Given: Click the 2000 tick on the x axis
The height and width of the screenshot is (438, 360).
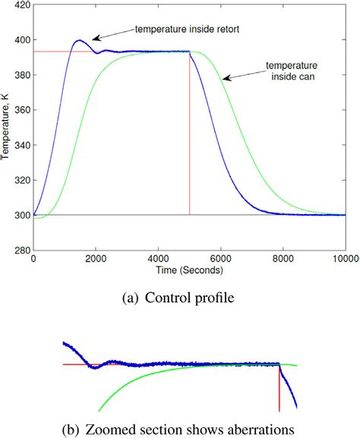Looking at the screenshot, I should click(x=96, y=259).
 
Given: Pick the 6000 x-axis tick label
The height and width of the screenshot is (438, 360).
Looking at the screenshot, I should click(x=220, y=259).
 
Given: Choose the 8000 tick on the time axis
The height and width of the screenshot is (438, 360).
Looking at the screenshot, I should click(x=283, y=259).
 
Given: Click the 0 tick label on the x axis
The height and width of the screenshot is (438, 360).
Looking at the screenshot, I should click(x=33, y=259).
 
